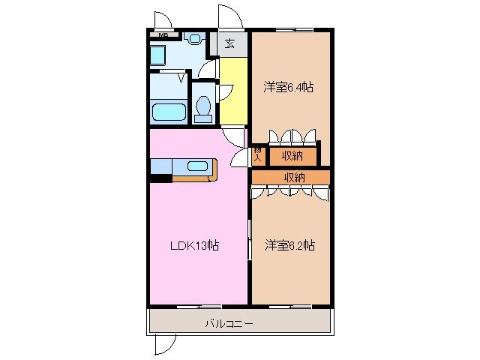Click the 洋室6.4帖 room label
(x=289, y=87)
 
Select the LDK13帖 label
(x=193, y=245)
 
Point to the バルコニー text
(x=229, y=324)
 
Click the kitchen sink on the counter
(x=198, y=166)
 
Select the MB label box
(x=163, y=34)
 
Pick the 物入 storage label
(x=257, y=156)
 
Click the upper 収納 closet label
(x=292, y=156)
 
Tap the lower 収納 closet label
(x=294, y=177)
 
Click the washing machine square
(x=158, y=55)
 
